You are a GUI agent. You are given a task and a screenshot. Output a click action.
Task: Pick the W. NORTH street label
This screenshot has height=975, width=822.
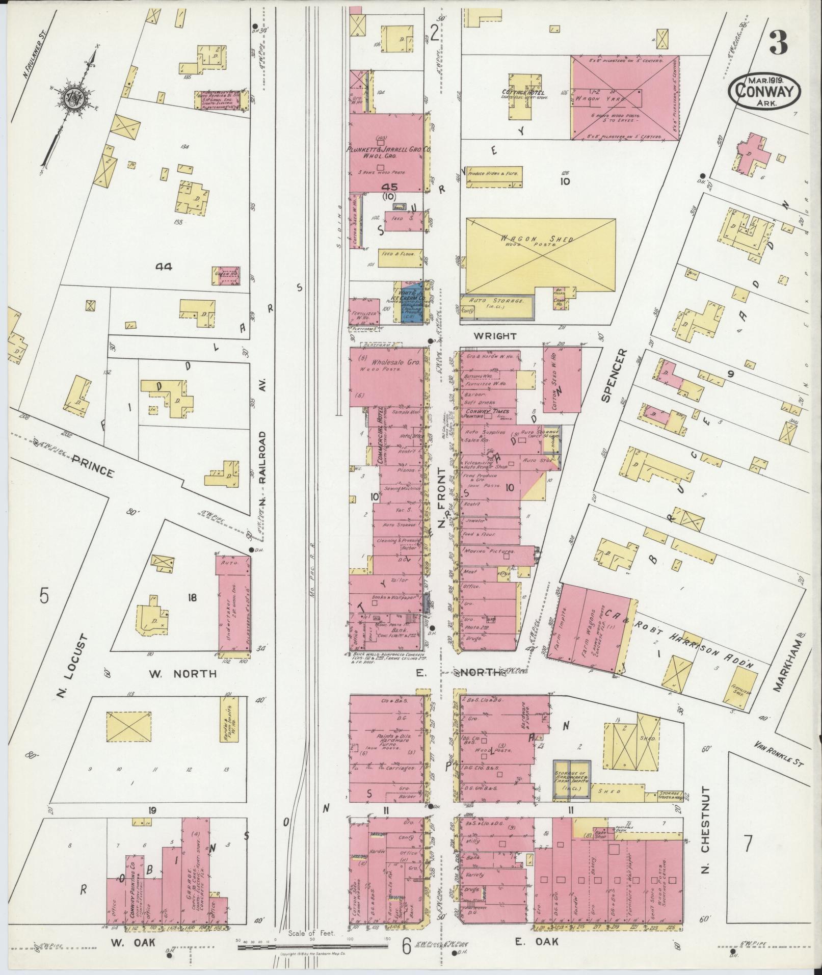pos(182,674)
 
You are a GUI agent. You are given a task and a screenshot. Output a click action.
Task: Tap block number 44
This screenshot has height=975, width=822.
pos(165,267)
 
